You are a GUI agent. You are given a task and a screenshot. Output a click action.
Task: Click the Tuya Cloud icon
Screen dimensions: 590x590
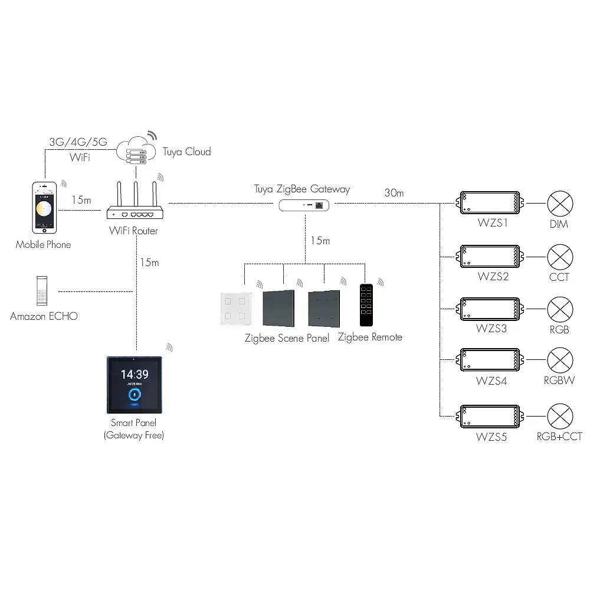coord(136,150)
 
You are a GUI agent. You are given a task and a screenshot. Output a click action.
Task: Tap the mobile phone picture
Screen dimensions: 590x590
coord(44,206)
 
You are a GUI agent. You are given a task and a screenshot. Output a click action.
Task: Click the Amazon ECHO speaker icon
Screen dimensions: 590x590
coord(41,291)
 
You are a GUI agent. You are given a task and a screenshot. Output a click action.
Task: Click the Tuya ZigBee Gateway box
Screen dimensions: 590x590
coord(304,205)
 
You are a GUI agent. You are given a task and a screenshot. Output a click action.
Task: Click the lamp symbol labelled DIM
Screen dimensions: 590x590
coord(559,204)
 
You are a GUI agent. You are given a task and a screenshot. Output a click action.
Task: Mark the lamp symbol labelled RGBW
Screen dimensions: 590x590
coord(559,360)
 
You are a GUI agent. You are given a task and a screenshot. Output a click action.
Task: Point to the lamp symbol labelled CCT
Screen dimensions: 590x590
coord(559,257)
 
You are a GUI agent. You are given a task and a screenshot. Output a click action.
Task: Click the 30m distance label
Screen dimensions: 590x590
coord(394,192)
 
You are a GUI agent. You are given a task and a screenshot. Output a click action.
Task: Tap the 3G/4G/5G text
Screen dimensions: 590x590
coord(78,142)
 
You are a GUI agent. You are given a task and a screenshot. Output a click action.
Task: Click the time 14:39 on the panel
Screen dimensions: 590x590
coord(135,374)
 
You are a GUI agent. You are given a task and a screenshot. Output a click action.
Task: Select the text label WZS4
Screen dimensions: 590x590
coord(491,381)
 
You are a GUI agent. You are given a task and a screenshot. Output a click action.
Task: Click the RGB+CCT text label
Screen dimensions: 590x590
coord(559,437)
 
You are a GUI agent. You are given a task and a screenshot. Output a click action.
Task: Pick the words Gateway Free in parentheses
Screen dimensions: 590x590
coord(133,435)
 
